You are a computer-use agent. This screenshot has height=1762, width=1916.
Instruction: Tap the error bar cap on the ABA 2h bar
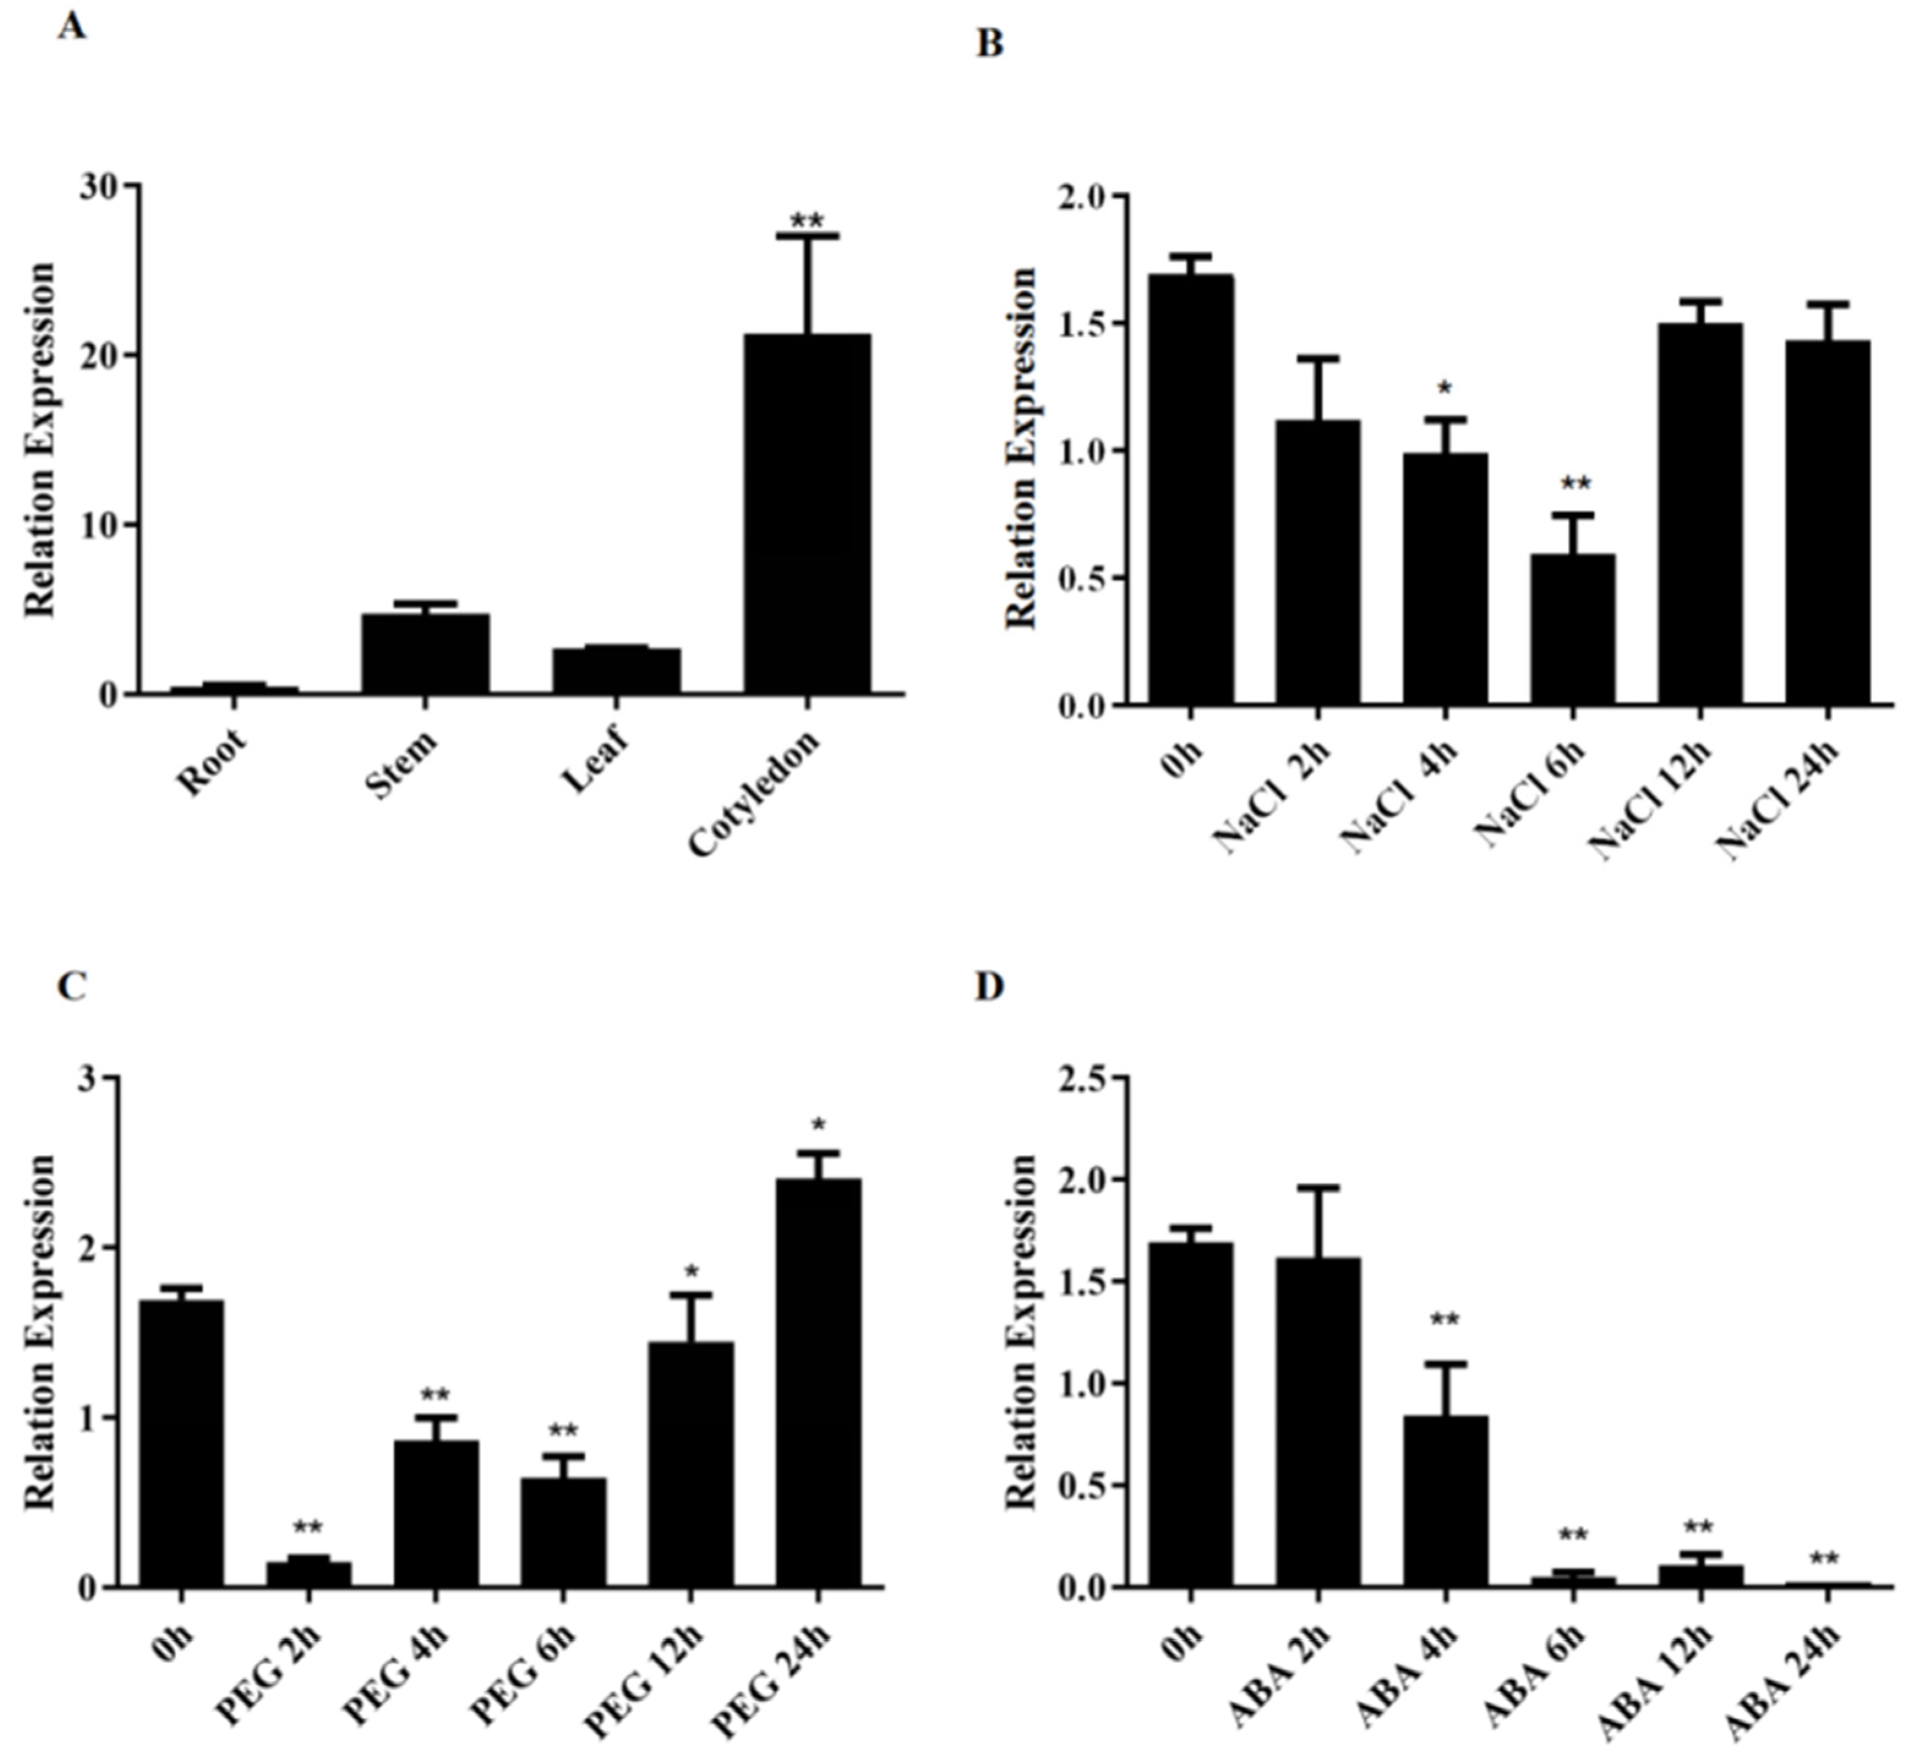click(1317, 1188)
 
